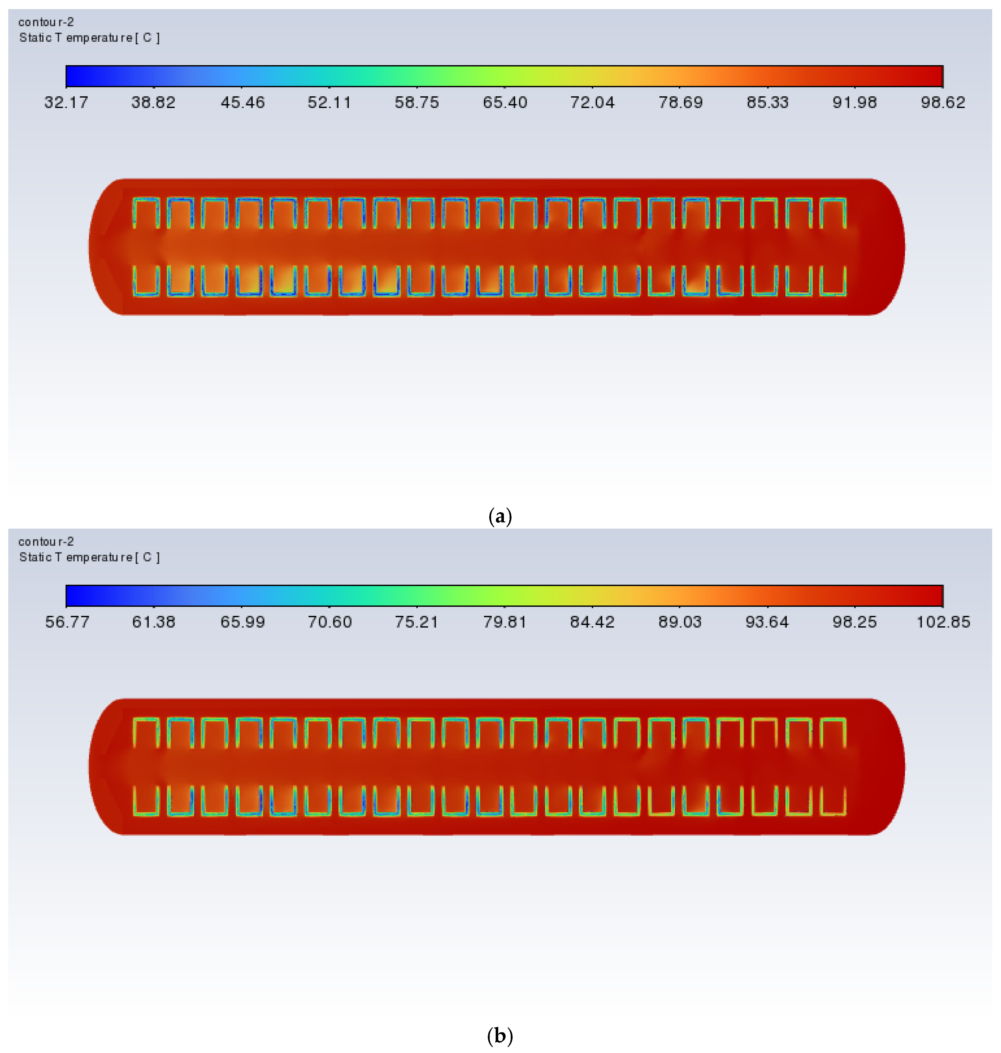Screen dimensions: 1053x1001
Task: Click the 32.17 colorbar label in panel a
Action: pyautogui.click(x=66, y=102)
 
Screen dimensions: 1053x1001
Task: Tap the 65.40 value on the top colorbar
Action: pyautogui.click(x=505, y=102)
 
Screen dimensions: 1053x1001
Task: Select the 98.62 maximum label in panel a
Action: pyautogui.click(x=943, y=102)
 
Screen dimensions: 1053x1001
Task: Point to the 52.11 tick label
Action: pyautogui.click(x=329, y=102)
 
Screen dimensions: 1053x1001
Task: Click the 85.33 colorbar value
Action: pyautogui.click(x=767, y=102)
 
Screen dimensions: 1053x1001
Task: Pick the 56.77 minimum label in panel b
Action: pyautogui.click(x=67, y=622)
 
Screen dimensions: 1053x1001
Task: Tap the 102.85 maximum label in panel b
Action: pyautogui.click(x=943, y=622)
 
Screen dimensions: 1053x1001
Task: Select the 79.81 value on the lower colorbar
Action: pyautogui.click(x=505, y=622)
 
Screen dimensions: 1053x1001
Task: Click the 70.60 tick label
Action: pyautogui.click(x=329, y=622)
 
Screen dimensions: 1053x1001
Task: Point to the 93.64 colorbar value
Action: pyautogui.click(x=767, y=622)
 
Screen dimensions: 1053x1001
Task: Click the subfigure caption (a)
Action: pyautogui.click(x=500, y=516)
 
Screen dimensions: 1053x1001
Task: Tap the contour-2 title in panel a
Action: pyautogui.click(x=46, y=22)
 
